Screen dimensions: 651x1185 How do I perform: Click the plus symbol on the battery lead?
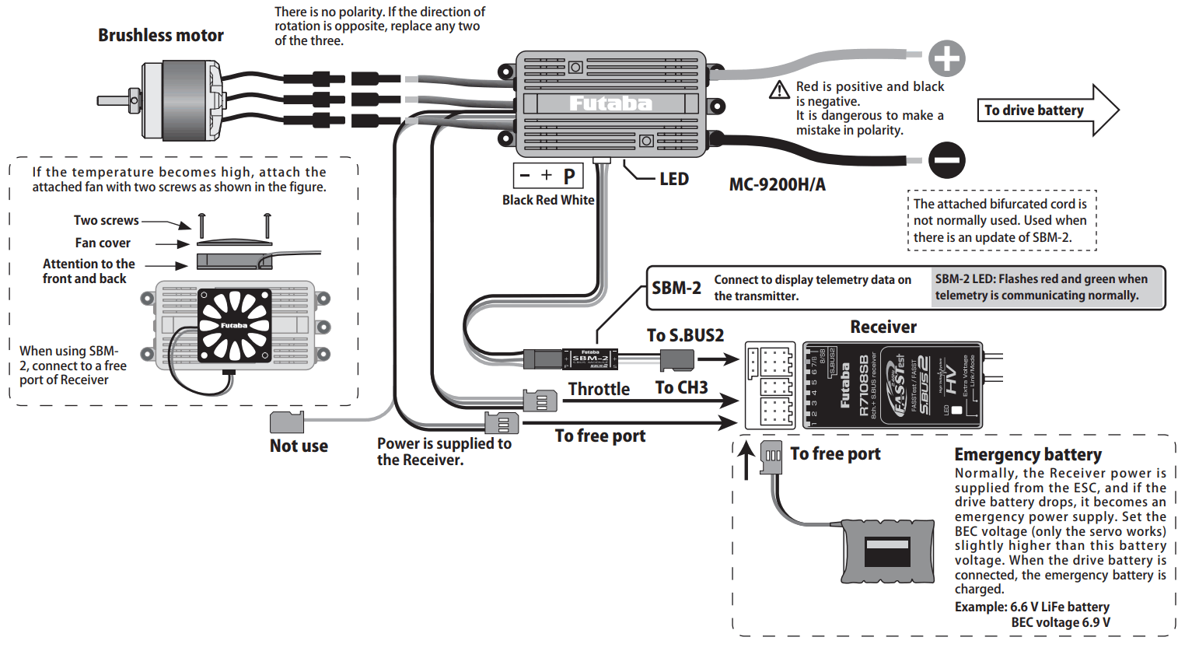pyautogui.click(x=946, y=59)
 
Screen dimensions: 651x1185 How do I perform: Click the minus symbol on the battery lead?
pyautogui.click(x=946, y=161)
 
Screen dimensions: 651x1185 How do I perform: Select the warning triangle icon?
pyautogui.click(x=779, y=90)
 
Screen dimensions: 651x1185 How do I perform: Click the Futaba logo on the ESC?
pyautogui.click(x=610, y=103)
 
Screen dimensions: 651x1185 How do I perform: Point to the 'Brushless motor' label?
pyautogui.click(x=160, y=36)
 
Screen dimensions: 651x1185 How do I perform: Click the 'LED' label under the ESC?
pyautogui.click(x=673, y=180)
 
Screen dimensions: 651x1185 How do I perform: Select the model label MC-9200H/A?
pyautogui.click(x=777, y=185)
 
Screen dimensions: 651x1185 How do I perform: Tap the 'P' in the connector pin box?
pyautogui.click(x=569, y=177)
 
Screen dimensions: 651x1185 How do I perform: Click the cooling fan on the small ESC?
pyautogui.click(x=234, y=325)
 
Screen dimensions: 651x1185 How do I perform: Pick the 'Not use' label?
pyautogui.click(x=299, y=446)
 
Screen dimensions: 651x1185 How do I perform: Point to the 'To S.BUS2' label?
pyautogui.click(x=685, y=335)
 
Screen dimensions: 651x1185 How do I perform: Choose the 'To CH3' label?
pyautogui.click(x=681, y=388)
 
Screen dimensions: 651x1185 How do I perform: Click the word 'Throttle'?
pyautogui.click(x=598, y=389)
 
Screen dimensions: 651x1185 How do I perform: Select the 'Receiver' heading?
pyautogui.click(x=883, y=327)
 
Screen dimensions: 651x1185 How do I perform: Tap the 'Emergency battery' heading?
pyautogui.click(x=1027, y=455)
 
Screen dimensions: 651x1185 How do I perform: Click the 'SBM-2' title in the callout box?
pyautogui.click(x=676, y=289)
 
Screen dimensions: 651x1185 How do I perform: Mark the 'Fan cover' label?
pyautogui.click(x=103, y=243)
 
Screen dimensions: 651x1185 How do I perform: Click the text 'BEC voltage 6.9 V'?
pyautogui.click(x=1061, y=622)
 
